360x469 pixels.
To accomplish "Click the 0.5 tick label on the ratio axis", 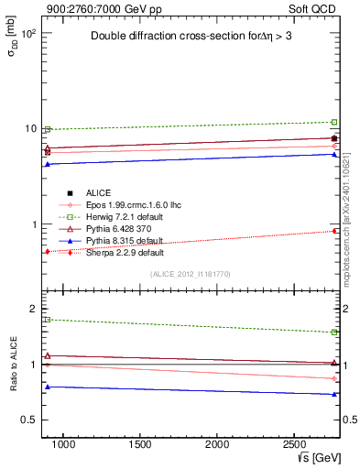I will click(x=27, y=420).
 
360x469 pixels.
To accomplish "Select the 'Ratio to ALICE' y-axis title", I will click(x=12, y=364).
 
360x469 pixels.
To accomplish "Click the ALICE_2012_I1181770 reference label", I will click(x=190, y=274).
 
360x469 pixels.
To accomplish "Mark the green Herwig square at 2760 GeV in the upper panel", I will click(x=334, y=122).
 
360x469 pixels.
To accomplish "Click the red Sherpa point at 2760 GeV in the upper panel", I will click(x=334, y=231).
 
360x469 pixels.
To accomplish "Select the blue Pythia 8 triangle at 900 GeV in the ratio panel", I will click(x=48, y=387).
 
